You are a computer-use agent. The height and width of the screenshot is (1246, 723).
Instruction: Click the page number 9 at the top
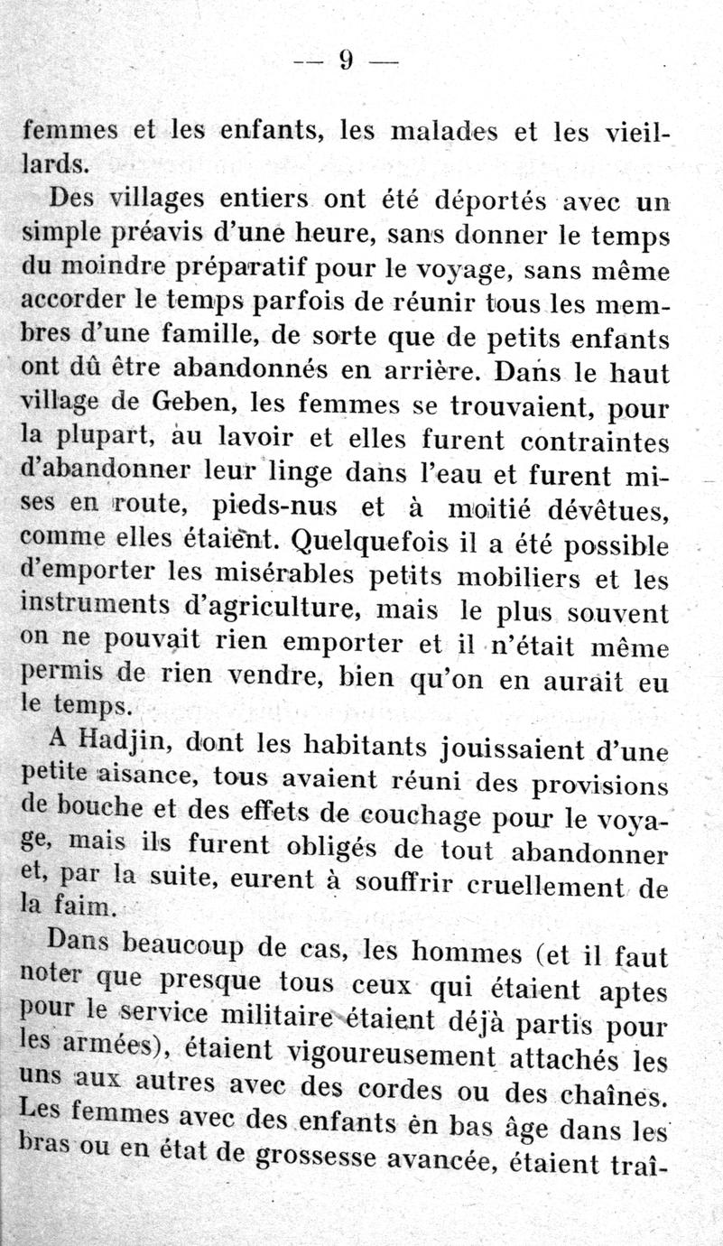point(346,60)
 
